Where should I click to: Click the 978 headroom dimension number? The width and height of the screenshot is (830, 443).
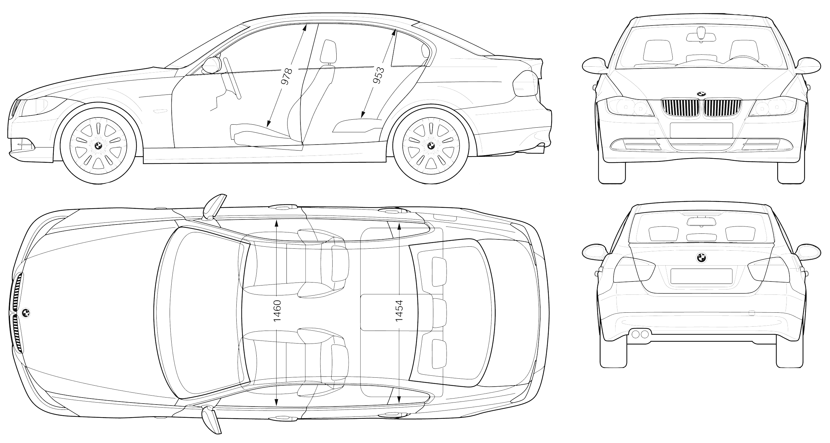click(x=287, y=76)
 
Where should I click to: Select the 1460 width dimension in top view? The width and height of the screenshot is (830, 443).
click(x=277, y=311)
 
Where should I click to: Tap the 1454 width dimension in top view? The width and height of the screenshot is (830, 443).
click(x=399, y=311)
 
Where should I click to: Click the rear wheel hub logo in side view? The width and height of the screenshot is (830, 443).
click(x=431, y=145)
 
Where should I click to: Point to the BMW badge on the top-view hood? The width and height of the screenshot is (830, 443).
click(x=26, y=312)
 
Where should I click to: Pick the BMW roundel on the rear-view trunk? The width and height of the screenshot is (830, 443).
click(x=701, y=258)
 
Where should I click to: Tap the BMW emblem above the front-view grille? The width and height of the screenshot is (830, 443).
click(x=701, y=94)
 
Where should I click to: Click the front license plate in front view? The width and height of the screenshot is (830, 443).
click(x=701, y=130)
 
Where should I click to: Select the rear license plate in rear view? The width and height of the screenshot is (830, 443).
click(x=701, y=276)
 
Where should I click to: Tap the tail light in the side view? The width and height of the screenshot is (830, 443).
click(x=526, y=84)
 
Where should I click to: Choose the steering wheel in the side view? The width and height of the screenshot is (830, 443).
click(x=232, y=78)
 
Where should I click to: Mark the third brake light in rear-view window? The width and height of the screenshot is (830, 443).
click(x=701, y=221)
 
